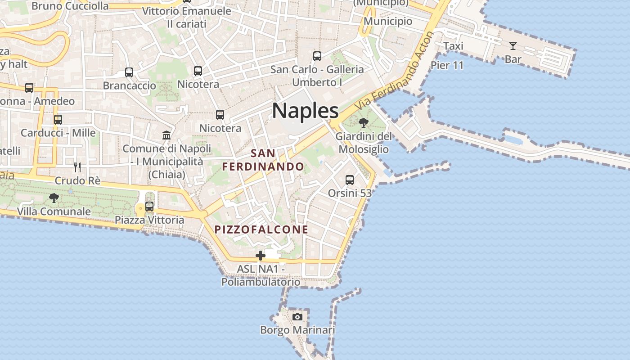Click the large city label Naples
(305, 110)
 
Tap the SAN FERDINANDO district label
(263, 160)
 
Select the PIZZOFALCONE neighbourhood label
(261, 229)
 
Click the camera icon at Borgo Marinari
(297, 317)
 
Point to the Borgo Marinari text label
(297, 330)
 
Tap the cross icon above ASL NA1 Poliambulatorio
(260, 256)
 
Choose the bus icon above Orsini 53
(350, 180)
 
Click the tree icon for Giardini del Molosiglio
(364, 122)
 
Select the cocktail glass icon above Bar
(513, 45)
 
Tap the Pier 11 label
(447, 65)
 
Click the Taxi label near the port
(453, 46)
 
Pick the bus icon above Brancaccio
(129, 72)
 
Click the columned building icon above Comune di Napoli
(166, 135)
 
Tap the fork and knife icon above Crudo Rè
(77, 167)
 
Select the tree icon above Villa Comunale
(54, 198)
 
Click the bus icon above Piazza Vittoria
(149, 207)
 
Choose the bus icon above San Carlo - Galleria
(317, 56)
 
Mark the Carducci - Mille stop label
(58, 133)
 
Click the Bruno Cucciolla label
(70, 6)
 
